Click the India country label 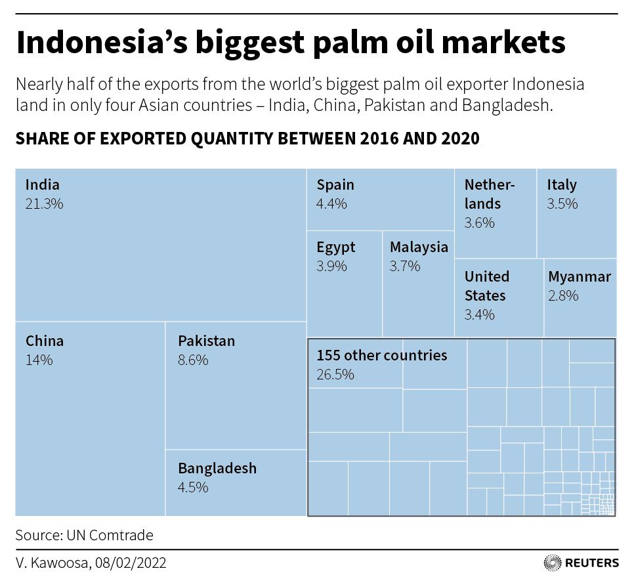click(x=42, y=185)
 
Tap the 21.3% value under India click(x=44, y=204)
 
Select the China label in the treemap click(x=45, y=341)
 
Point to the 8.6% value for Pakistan click(x=193, y=360)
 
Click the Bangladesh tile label click(x=217, y=468)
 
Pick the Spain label click(x=335, y=185)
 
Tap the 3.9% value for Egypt click(x=331, y=267)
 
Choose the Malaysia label click(x=419, y=247)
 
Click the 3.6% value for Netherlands click(x=479, y=223)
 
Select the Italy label click(x=562, y=185)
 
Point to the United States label click(x=486, y=286)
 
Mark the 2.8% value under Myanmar click(x=563, y=295)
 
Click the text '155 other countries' click(x=382, y=355)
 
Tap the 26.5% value click(x=335, y=374)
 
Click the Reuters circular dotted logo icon click(x=552, y=563)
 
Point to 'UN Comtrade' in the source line click(x=110, y=535)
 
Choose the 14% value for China click(x=39, y=360)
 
